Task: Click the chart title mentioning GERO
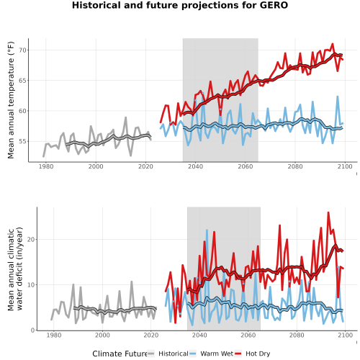(x=180, y=5)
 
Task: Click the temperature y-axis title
(x=11, y=100)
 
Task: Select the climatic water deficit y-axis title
(x=15, y=269)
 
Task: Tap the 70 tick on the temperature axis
(x=23, y=50)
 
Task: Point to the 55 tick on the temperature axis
(x=23, y=141)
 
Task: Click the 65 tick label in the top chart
(x=23, y=81)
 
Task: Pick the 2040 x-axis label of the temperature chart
(x=195, y=166)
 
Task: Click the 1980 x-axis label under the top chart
(x=46, y=166)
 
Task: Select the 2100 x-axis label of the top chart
(x=345, y=166)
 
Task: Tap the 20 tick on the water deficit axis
(x=31, y=240)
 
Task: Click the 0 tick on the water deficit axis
(x=33, y=330)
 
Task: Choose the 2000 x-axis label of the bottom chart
(x=102, y=335)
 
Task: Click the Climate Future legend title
(x=120, y=354)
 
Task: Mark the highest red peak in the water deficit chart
(x=328, y=212)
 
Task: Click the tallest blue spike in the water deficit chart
(x=207, y=230)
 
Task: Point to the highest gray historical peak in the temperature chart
(x=125, y=117)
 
